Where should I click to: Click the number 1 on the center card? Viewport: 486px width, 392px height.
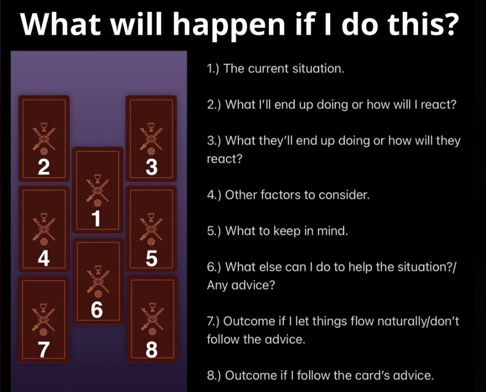tap(97, 219)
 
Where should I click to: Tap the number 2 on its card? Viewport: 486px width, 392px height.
tap(44, 167)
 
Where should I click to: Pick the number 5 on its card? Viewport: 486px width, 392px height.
tap(151, 258)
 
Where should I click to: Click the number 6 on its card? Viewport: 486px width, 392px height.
tap(97, 311)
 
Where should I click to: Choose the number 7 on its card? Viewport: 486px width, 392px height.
tap(44, 350)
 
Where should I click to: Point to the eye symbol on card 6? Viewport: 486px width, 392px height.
tap(97, 282)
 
